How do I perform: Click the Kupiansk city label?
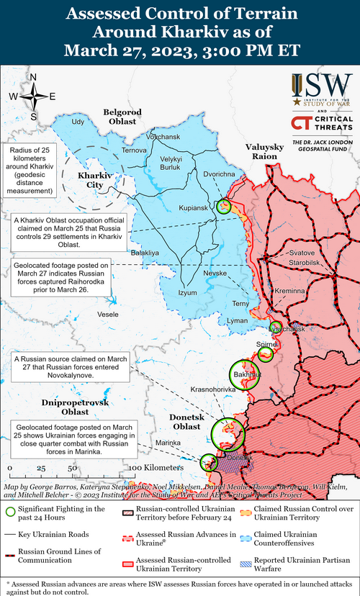194,209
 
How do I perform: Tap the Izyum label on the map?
188,292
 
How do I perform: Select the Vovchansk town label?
163,137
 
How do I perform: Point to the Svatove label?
302,253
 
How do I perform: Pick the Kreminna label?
290,290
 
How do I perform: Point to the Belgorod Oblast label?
120,117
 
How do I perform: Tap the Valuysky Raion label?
262,152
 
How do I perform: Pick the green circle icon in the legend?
10,511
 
